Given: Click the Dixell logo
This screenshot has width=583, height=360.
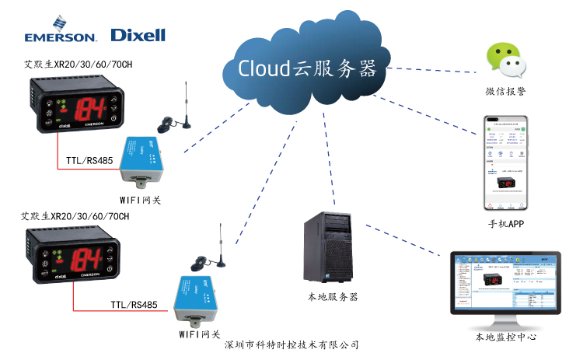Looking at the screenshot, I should tap(138, 34).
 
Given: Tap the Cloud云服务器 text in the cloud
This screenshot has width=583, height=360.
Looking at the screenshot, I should tap(306, 68).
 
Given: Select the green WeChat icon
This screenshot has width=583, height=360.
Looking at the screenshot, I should tap(503, 61).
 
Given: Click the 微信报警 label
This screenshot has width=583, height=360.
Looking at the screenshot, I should tap(505, 93).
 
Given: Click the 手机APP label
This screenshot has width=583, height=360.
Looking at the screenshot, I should tap(506, 224).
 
